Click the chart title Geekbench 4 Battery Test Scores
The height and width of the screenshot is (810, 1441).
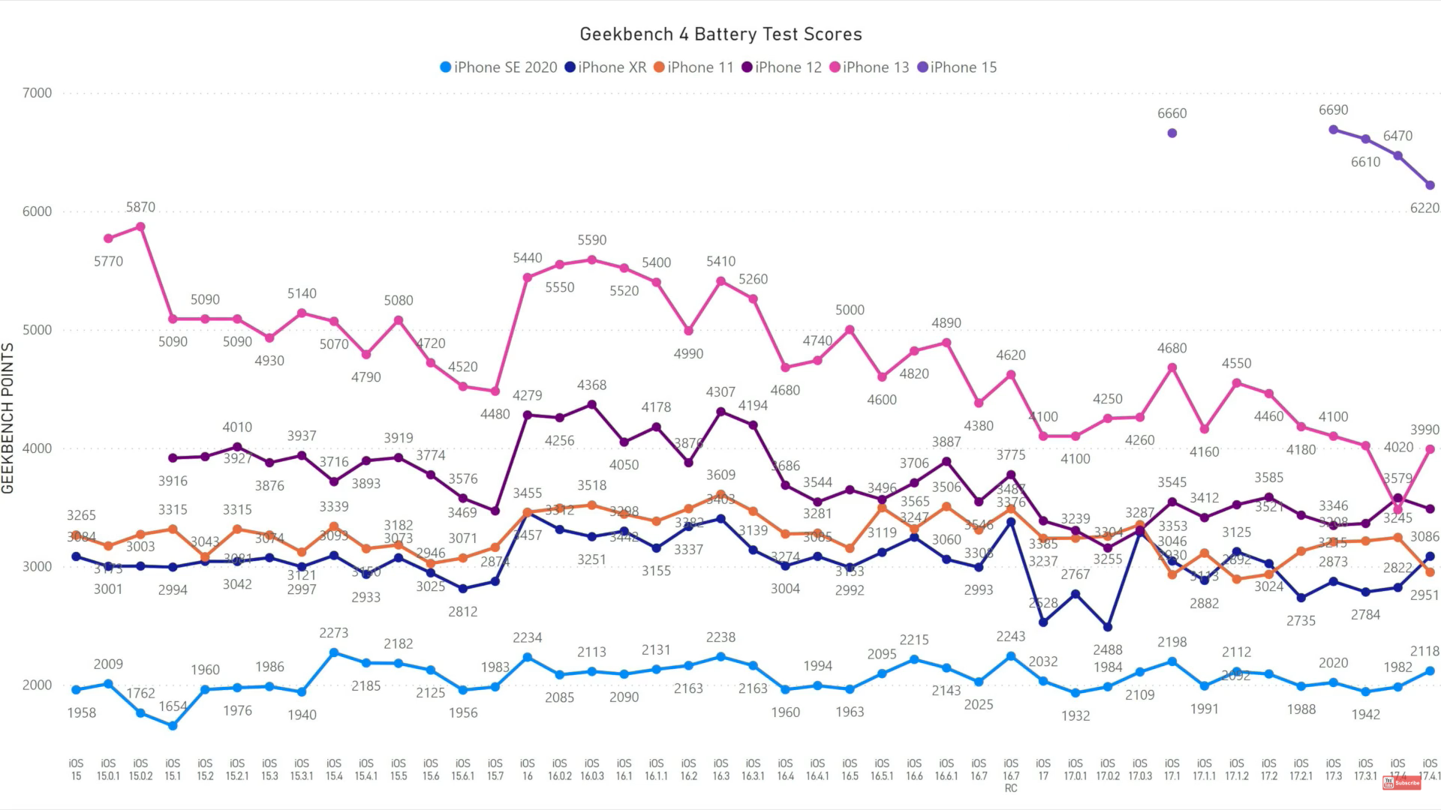point(720,34)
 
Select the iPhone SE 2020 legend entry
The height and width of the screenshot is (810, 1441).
point(498,67)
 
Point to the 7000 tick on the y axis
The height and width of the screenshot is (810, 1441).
point(37,93)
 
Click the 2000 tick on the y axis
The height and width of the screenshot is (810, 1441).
point(37,685)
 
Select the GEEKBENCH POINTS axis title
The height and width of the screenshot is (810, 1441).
point(8,418)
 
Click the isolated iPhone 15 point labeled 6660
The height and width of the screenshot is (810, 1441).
point(1172,133)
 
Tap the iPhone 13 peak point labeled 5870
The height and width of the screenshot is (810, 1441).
point(140,226)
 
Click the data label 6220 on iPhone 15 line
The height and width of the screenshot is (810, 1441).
point(1424,208)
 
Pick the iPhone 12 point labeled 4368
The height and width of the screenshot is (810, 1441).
point(591,405)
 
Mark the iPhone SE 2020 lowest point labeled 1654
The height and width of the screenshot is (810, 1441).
point(173,726)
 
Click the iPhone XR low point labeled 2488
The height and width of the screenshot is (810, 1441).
point(1108,627)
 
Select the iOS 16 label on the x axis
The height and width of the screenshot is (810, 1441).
point(528,769)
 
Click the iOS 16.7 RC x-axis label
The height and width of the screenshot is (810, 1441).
point(1011,775)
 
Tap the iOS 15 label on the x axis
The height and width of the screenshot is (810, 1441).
point(76,769)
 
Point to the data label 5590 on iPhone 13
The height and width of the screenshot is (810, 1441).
point(591,240)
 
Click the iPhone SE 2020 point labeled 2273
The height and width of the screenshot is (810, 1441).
point(334,652)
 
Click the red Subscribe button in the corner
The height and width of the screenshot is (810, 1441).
point(1402,783)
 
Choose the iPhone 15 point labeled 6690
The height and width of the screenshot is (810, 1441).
point(1334,130)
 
